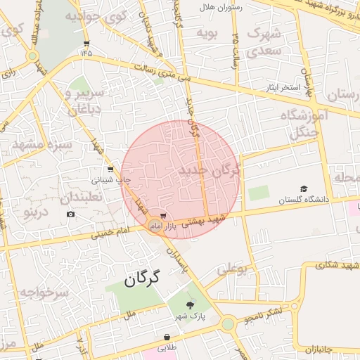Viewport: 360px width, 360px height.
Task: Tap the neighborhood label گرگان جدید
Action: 210,170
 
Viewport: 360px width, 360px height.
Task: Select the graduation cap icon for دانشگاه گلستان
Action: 304,188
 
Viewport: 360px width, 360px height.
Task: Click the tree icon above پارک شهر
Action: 191,304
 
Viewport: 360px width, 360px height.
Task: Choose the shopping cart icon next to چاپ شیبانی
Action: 110,169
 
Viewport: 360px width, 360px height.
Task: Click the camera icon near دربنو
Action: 70,213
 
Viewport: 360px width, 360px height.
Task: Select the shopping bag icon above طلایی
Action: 167,337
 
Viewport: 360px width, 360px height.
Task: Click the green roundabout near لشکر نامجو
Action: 228,323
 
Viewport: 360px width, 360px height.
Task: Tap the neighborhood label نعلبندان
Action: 82,197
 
